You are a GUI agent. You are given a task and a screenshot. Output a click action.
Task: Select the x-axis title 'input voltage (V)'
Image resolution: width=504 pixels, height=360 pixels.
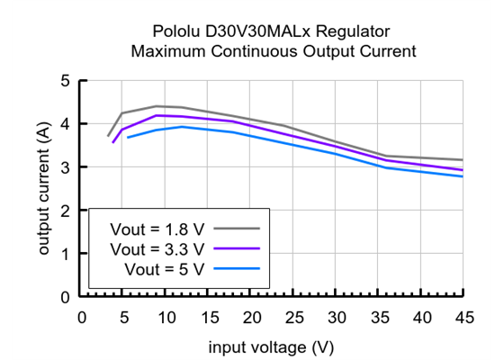pyautogui.click(x=272, y=346)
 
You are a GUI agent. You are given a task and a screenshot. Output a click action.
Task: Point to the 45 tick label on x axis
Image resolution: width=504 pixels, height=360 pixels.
pyautogui.click(x=464, y=316)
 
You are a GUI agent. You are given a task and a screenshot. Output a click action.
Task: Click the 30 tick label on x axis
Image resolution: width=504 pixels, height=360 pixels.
pyautogui.click(x=337, y=316)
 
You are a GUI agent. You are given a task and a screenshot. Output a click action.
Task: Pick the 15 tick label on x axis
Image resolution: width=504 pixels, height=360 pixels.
pyautogui.click(x=209, y=316)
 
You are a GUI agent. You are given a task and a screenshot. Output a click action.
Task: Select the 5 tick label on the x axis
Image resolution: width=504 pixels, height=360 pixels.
pyautogui.click(x=124, y=316)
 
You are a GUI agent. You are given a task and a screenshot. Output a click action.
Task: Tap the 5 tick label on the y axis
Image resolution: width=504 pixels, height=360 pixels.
pyautogui.click(x=65, y=81)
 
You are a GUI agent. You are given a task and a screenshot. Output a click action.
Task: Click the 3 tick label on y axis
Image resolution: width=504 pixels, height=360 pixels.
pyautogui.click(x=65, y=167)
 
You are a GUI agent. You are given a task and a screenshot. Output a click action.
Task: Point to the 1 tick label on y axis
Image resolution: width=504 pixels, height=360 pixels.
pyautogui.click(x=65, y=254)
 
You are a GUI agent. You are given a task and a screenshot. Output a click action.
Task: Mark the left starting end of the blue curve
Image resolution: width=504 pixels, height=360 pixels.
pyautogui.click(x=128, y=138)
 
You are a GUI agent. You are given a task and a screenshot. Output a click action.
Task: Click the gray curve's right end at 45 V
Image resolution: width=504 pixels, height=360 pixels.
pyautogui.click(x=463, y=160)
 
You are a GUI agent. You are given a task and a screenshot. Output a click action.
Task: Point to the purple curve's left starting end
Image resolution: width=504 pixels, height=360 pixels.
pyautogui.click(x=112, y=142)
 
